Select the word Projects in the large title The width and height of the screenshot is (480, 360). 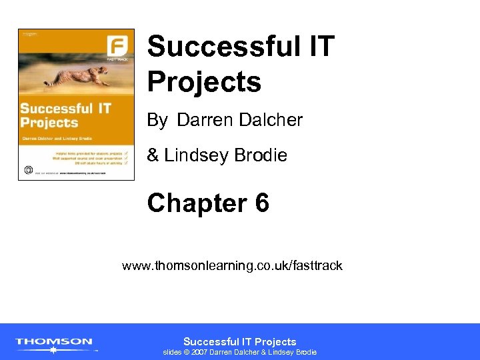[x=204, y=82]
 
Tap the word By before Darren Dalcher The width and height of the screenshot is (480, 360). [x=157, y=121]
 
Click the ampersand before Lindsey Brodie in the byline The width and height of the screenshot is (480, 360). [x=153, y=155]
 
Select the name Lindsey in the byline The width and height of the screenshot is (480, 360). [x=193, y=155]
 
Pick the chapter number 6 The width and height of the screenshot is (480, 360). [x=261, y=203]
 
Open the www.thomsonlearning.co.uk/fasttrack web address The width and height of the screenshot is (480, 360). [x=232, y=266]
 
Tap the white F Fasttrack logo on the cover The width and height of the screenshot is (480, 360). [x=117, y=47]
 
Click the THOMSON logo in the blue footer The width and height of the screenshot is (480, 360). [x=54, y=342]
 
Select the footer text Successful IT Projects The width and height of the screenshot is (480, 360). [x=240, y=341]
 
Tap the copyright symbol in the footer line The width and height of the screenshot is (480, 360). [x=186, y=352]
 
